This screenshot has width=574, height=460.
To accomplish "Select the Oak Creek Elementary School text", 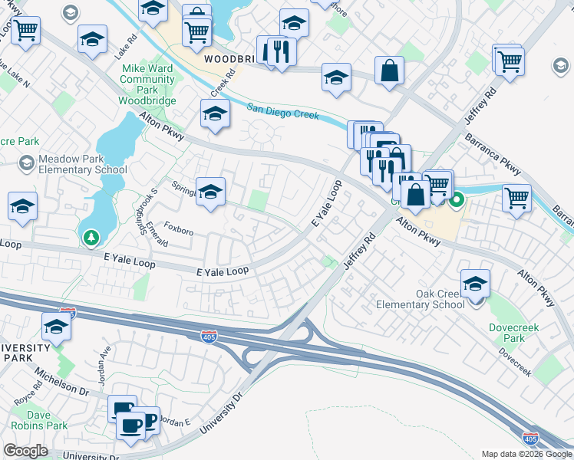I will tap(420, 299).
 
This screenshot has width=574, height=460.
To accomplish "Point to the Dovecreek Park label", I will tap(507, 333).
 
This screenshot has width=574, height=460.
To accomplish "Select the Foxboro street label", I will tap(179, 229).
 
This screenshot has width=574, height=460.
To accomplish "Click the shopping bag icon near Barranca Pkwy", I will tap(390, 71).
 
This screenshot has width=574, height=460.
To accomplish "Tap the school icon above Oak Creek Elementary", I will tap(476, 284).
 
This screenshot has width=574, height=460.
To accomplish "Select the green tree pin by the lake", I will tap(91, 238).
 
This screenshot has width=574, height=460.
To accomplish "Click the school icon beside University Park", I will tap(55, 327).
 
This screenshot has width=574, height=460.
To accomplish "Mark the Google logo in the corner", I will tap(25, 451).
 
